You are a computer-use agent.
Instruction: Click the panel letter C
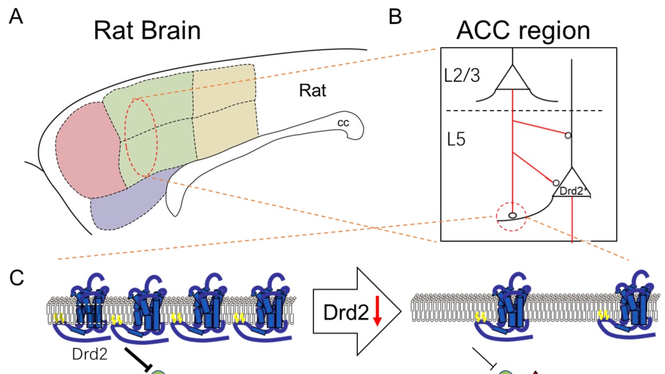pos(17,279)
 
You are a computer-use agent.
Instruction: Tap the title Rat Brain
pos(147,31)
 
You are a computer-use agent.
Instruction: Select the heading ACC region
pos(523,31)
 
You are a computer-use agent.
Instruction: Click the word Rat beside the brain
pos(313,92)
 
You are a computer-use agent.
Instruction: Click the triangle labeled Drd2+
pos(572,185)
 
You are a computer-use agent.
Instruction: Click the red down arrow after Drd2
pos(377,314)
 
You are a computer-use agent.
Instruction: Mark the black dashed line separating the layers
pos(524,111)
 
